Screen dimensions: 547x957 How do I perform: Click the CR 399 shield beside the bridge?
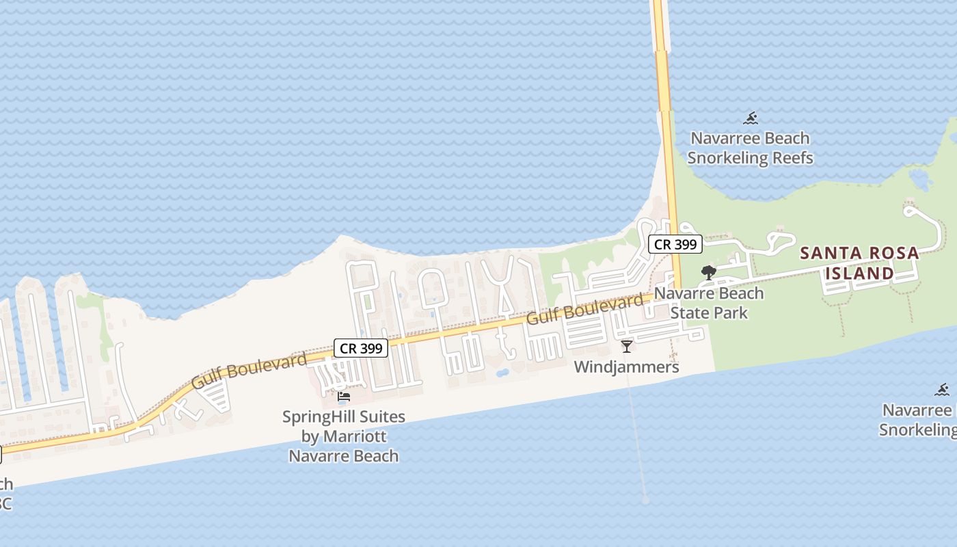[x=675, y=244]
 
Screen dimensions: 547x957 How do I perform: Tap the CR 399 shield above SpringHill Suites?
[x=361, y=348]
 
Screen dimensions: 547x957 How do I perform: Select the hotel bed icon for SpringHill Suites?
[x=344, y=397]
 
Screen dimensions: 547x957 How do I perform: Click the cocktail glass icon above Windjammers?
[x=626, y=346]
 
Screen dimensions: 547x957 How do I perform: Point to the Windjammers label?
[x=626, y=367]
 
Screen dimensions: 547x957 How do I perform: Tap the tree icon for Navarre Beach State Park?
[x=709, y=273]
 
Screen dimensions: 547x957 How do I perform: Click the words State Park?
[x=709, y=313]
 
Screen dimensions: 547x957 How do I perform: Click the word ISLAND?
[x=859, y=273]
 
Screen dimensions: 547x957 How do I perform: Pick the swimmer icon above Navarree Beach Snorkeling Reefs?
[x=751, y=118]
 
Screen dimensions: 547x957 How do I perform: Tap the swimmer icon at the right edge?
[x=943, y=390]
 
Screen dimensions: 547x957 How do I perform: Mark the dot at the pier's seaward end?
[x=646, y=501]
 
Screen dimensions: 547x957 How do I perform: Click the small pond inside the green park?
[x=921, y=180]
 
